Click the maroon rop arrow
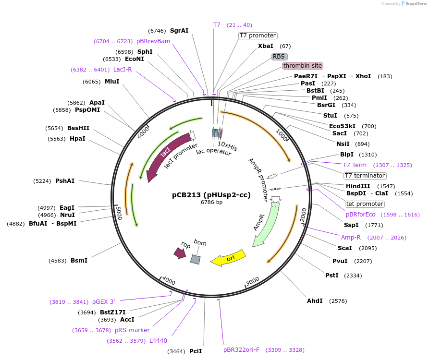click(180, 253)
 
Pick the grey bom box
click(196, 259)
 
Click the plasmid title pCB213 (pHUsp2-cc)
click(211, 195)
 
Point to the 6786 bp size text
click(211, 202)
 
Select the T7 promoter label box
click(257, 36)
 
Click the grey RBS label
click(279, 57)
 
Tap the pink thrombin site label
click(303, 66)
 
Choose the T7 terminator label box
click(365, 176)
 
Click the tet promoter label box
click(365, 204)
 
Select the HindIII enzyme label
click(358, 186)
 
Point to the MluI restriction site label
click(112, 82)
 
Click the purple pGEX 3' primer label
click(104, 302)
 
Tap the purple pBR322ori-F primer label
click(241, 350)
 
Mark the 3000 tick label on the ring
click(253, 281)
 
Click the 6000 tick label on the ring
click(143, 132)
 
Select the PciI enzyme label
click(196, 351)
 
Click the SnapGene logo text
click(416, 3)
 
